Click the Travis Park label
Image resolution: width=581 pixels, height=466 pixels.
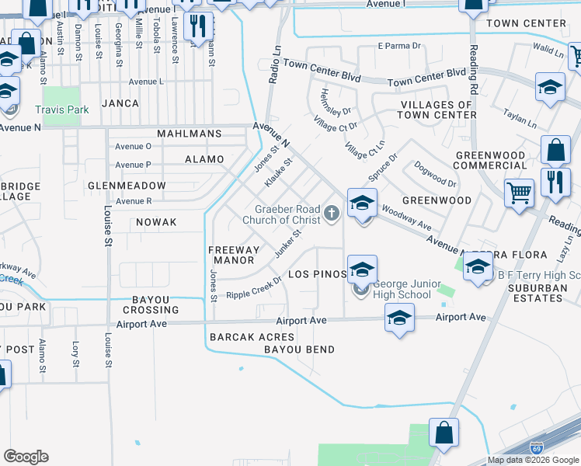tap(61, 110)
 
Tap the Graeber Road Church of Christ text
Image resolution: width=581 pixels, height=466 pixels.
tap(281, 214)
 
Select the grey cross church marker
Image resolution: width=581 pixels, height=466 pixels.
tap(332, 213)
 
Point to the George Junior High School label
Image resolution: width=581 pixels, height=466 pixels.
tap(396, 290)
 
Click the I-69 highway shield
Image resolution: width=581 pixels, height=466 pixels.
tap(536, 448)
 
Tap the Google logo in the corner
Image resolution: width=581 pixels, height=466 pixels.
tap(26, 457)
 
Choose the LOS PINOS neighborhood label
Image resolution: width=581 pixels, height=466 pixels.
tap(315, 275)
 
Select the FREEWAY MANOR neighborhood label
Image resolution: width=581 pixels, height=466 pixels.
tap(233, 255)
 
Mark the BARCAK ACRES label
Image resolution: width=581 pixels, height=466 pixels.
tap(252, 337)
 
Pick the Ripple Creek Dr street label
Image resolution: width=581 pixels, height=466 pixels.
tap(254, 288)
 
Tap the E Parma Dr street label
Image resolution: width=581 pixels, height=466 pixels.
tap(398, 46)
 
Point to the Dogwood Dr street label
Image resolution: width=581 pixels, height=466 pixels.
tap(435, 174)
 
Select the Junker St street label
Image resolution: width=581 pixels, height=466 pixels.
tap(287, 242)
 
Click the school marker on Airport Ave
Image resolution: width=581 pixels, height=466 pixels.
tap(399, 318)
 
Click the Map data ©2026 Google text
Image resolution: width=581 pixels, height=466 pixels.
tap(533, 460)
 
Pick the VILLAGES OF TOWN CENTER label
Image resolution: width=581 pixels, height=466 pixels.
tap(438, 110)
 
